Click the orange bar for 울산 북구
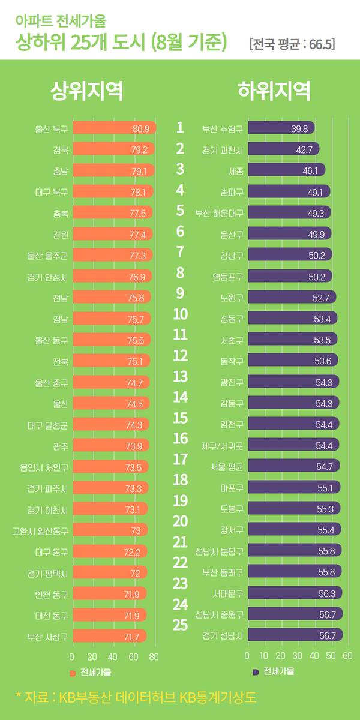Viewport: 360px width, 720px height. [x=114, y=128]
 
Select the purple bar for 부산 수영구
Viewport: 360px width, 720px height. [x=281, y=128]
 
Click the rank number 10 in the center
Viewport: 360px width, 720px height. [x=180, y=314]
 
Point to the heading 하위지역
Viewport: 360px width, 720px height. [x=274, y=91]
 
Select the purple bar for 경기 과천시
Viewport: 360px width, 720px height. [x=283, y=149]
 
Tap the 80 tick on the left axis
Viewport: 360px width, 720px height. [x=154, y=656]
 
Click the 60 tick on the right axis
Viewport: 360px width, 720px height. [x=347, y=656]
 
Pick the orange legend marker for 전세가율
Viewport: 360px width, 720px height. [x=73, y=672]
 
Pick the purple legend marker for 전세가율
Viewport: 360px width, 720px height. [x=256, y=672]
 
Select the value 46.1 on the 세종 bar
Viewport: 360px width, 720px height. [x=310, y=171]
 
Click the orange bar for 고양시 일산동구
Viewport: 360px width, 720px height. [x=110, y=530]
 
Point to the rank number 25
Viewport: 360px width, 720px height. [x=180, y=625]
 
